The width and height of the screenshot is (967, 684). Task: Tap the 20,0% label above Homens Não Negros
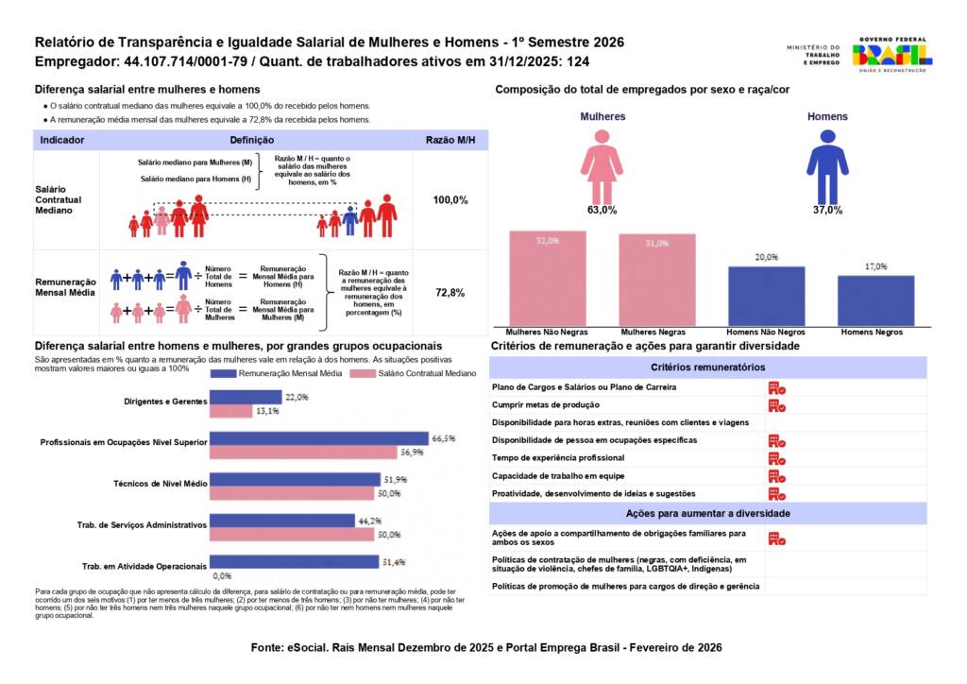point(766,257)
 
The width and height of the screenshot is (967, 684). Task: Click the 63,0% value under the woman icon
point(602,211)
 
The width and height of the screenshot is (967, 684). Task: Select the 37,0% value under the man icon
point(827,211)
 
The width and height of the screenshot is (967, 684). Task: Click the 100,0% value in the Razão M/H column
point(450,200)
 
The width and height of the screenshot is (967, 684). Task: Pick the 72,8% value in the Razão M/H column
point(450,293)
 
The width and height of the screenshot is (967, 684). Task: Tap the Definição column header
point(251,140)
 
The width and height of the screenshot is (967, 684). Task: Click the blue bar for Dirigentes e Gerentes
point(246,397)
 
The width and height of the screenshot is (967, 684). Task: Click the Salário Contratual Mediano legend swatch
point(365,374)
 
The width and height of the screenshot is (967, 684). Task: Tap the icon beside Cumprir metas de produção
point(776,405)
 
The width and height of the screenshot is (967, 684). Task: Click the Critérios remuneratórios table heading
point(707,367)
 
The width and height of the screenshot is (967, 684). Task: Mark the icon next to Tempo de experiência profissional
point(776,458)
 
